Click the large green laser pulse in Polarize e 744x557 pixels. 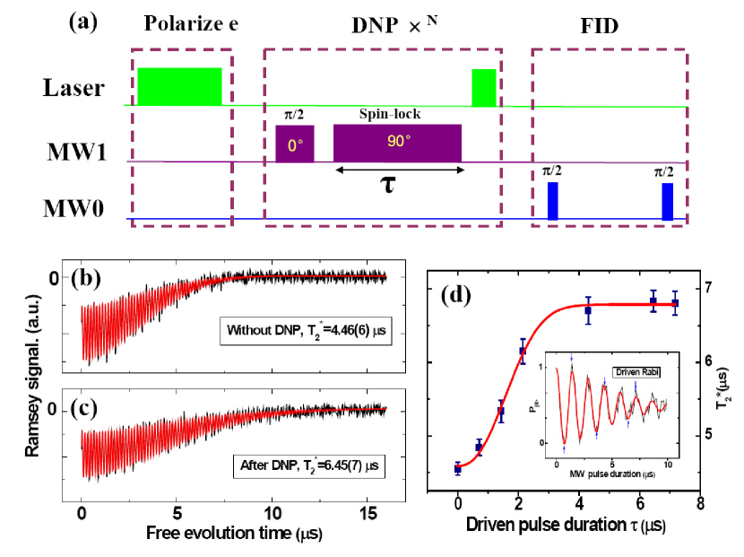click(179, 86)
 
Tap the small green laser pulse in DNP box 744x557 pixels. click(484, 87)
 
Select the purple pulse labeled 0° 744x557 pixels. click(295, 144)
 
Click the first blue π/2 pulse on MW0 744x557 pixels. click(552, 201)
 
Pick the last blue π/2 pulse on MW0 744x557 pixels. click(667, 201)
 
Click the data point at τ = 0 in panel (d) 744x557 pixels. click(458, 468)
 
